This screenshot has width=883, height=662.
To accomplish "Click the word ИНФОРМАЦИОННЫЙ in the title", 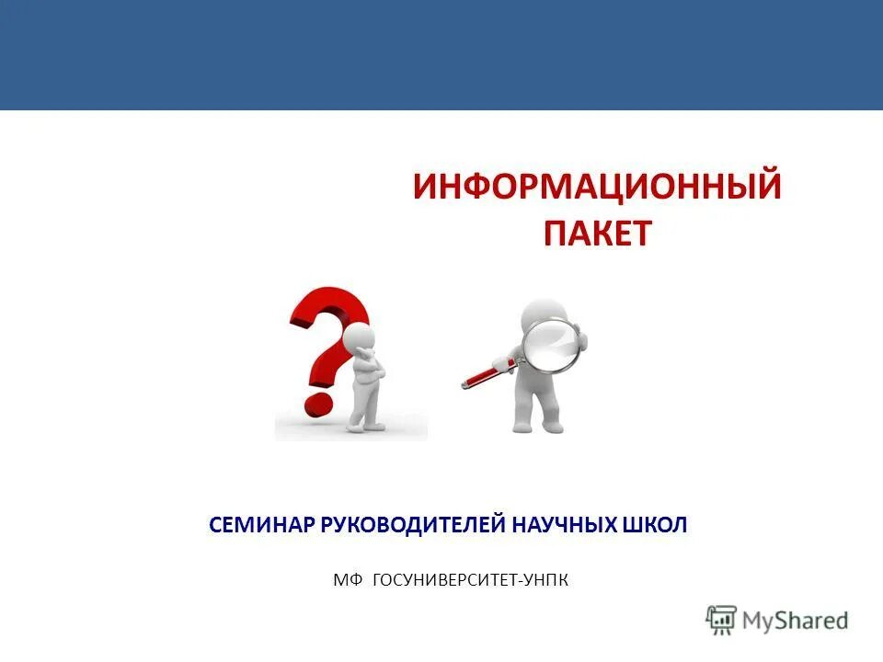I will pos(597,187).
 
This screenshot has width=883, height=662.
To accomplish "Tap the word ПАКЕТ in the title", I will pos(597,233).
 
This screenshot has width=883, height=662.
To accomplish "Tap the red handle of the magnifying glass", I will pos(482,373).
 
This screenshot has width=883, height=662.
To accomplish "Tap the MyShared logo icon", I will pos(721,620).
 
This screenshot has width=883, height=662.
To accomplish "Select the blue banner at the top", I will pos(441,55).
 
